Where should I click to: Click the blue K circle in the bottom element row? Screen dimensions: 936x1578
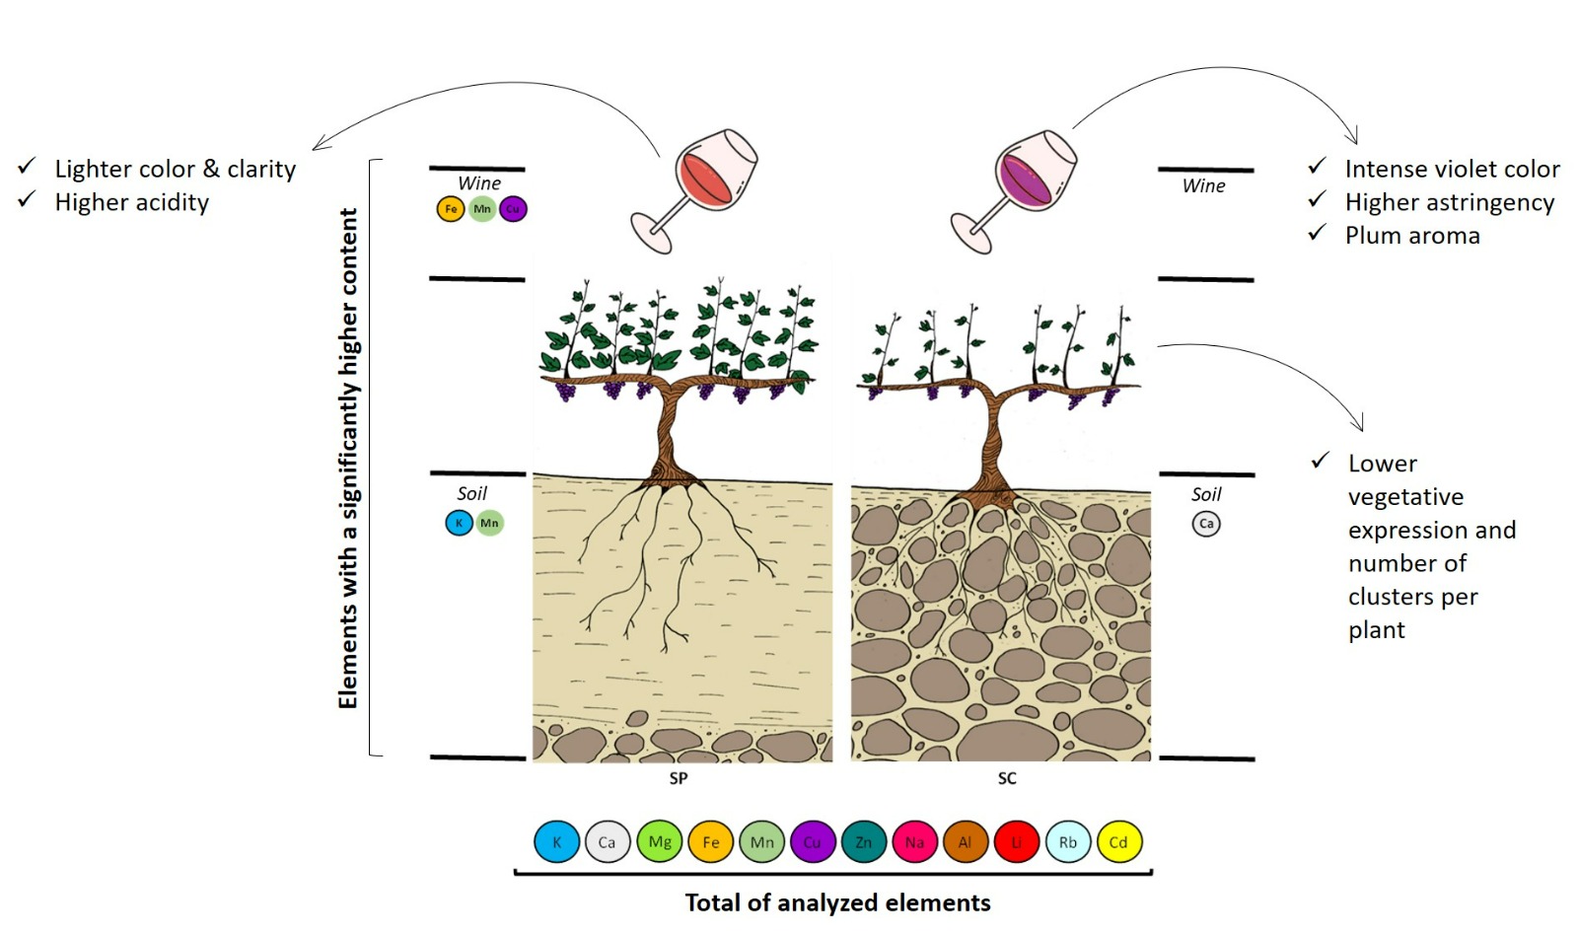pos(556,842)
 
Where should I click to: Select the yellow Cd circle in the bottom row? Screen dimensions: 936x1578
pos(1118,842)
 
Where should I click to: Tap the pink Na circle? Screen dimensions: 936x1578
pos(914,842)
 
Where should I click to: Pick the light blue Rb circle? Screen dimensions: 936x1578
pos(1068,842)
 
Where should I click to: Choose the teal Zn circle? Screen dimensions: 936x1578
pos(864,842)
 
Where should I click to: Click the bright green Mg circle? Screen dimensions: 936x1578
pos(660,842)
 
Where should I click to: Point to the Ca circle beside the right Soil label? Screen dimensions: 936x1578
pos(1206,524)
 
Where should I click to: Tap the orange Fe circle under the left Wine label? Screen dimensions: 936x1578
pos(451,209)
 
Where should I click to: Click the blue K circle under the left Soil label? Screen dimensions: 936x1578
pos(459,523)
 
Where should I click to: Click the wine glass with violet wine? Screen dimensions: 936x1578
pos(1019,187)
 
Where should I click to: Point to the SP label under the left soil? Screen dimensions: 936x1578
pos(679,778)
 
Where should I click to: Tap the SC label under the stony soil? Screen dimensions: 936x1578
pos(1007,778)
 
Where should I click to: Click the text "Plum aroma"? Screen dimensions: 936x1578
pos(1412,236)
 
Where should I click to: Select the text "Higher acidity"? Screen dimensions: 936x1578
pos(132,202)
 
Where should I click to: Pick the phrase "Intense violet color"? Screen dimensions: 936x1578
pos(1452,169)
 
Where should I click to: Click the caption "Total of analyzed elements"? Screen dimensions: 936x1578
pos(837,902)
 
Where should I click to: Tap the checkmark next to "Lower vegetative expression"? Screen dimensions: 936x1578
pos(1321,461)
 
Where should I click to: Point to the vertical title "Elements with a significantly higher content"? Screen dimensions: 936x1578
pos(348,458)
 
